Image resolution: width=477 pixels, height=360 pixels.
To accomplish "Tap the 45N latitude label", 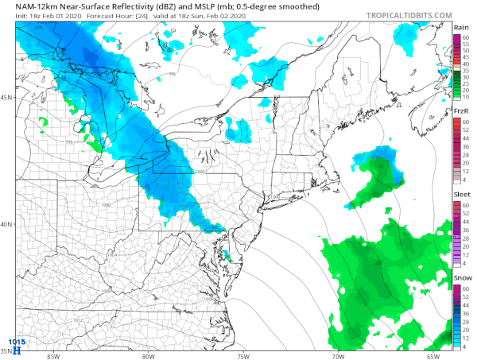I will [7, 97].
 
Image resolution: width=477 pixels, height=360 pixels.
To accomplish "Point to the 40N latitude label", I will [7, 224].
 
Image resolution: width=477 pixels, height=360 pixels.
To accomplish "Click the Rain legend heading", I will [462, 28].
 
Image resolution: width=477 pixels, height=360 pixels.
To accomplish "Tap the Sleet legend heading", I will [462, 194].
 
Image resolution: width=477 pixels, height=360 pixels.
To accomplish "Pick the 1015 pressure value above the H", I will [17, 343].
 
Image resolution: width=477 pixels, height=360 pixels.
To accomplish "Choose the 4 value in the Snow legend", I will [467, 347].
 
